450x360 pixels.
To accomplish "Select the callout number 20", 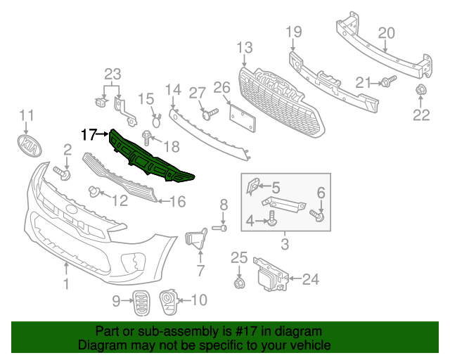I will pyautogui.click(x=387, y=32).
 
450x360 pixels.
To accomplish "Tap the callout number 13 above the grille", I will pyautogui.click(x=244, y=48).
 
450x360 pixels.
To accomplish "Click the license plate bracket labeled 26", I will pyautogui.click(x=240, y=116).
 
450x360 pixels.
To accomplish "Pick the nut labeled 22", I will pyautogui.click(x=421, y=90).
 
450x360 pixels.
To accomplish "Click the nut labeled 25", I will pyautogui.click(x=238, y=283).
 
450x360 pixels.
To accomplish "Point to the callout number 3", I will pyautogui.click(x=285, y=245).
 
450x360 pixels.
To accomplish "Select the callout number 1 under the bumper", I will pyautogui.click(x=66, y=284).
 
